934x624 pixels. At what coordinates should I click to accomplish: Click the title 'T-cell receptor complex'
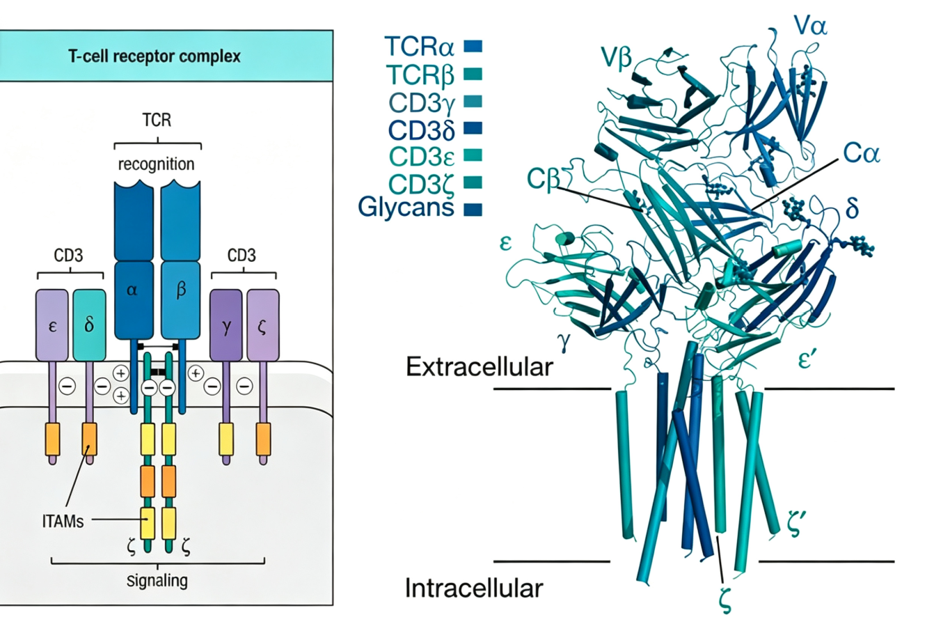click(x=155, y=56)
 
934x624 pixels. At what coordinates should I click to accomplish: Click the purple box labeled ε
click(x=52, y=325)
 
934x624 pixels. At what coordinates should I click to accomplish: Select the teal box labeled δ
click(x=89, y=325)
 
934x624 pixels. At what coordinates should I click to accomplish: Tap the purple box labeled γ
click(x=226, y=325)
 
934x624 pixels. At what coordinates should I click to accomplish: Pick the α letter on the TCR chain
click(x=132, y=290)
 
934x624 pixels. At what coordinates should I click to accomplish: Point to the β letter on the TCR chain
click(x=180, y=289)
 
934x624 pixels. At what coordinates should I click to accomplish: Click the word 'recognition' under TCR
click(x=157, y=164)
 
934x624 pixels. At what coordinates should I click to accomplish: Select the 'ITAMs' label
click(x=63, y=522)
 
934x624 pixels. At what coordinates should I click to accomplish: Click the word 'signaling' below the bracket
click(x=157, y=581)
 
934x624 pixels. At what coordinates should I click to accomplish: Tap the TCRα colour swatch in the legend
click(x=473, y=46)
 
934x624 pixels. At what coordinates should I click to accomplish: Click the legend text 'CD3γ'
click(x=422, y=102)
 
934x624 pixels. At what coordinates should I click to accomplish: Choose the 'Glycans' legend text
click(x=406, y=207)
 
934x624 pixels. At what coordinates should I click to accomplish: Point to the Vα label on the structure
click(x=811, y=26)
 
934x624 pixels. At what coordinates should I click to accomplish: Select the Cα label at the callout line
click(x=862, y=153)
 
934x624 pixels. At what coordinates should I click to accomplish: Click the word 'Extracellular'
click(x=480, y=366)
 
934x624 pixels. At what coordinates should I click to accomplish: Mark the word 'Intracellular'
click(x=474, y=588)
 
